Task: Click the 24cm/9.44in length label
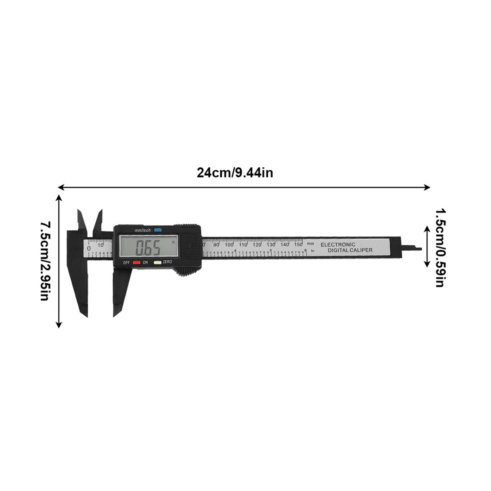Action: (235, 173)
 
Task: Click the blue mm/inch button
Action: (158, 230)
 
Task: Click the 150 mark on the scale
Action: (298, 244)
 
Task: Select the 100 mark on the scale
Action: (229, 244)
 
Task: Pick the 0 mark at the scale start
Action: (89, 248)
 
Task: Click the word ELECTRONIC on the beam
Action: (338, 245)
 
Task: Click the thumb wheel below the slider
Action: (186, 271)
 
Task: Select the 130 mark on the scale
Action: (271, 244)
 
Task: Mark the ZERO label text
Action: (167, 262)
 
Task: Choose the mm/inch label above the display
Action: (143, 230)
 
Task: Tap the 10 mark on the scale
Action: (101, 245)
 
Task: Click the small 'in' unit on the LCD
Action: (173, 242)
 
